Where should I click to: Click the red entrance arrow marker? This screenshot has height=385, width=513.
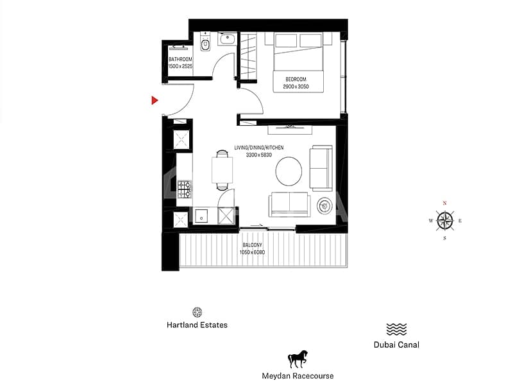(x=155, y=100)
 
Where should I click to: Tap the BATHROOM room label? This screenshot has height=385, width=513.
(x=180, y=59)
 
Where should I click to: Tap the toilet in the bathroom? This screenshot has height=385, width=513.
(x=205, y=44)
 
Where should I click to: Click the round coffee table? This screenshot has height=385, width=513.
(x=289, y=171)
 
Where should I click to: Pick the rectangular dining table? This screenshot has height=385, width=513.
(x=222, y=171)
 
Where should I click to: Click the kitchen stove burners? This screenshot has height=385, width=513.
(x=185, y=189)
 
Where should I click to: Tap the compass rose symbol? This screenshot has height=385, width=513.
(x=444, y=221)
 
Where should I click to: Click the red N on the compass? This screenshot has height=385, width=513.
(x=444, y=203)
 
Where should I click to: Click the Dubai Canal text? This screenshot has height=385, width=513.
(x=396, y=345)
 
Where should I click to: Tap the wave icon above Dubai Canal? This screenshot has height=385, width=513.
(x=396, y=329)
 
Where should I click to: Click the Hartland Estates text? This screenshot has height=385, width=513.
(x=197, y=325)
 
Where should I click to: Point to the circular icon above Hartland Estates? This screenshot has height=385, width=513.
(x=197, y=311)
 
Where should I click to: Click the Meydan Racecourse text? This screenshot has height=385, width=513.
(x=298, y=375)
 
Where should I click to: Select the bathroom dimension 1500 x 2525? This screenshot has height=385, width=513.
(x=180, y=66)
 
